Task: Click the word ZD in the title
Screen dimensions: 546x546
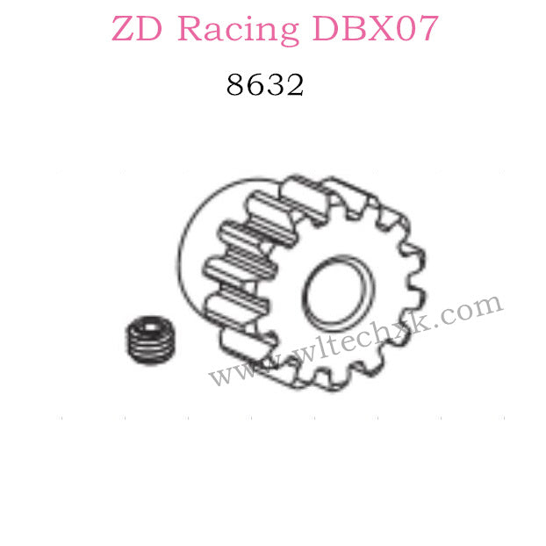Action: pos(138,30)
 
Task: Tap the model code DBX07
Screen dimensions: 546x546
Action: pos(373,30)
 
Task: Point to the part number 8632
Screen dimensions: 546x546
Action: pos(264,85)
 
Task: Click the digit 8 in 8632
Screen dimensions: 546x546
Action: pos(235,85)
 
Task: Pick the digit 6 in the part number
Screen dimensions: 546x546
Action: pos(255,85)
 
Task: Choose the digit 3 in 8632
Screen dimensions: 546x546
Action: pos(274,85)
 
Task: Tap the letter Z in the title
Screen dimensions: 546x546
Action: pos(126,30)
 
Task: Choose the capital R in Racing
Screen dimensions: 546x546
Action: pos(190,30)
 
